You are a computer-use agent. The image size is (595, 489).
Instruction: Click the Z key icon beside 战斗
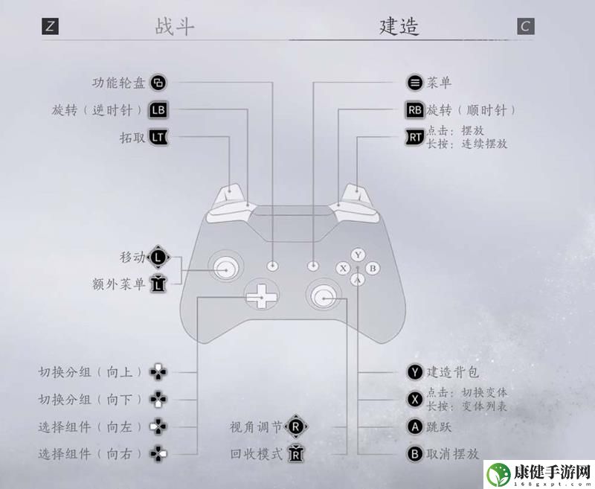[x=50, y=27]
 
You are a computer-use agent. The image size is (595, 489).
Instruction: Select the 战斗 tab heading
[x=175, y=27]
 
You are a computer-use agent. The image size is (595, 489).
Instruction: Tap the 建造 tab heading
[x=399, y=27]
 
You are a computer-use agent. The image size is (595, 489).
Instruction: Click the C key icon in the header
[x=526, y=27]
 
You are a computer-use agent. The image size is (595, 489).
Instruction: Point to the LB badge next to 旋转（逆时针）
[x=158, y=110]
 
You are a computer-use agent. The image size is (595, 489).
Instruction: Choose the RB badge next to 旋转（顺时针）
[x=415, y=110]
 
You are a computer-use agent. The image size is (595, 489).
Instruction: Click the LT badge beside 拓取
[x=158, y=137]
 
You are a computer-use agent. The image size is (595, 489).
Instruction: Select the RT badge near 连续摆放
[x=415, y=137]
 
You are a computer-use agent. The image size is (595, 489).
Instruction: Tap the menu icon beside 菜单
[x=415, y=83]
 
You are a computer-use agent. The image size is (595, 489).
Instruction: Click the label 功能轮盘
[x=119, y=83]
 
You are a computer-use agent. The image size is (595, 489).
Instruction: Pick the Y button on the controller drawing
[x=358, y=255]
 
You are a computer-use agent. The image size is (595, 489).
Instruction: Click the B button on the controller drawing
[x=373, y=269]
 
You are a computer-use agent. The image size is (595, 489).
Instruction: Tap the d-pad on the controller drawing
[x=262, y=295]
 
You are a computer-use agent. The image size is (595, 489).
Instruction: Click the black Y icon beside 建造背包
[x=415, y=372]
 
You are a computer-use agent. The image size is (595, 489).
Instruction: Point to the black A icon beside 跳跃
[x=415, y=426]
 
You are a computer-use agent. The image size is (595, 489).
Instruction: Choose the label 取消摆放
[x=453, y=454]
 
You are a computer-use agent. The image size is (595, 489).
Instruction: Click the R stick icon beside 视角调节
[x=296, y=426]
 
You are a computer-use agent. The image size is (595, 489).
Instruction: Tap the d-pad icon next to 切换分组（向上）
[x=158, y=372]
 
